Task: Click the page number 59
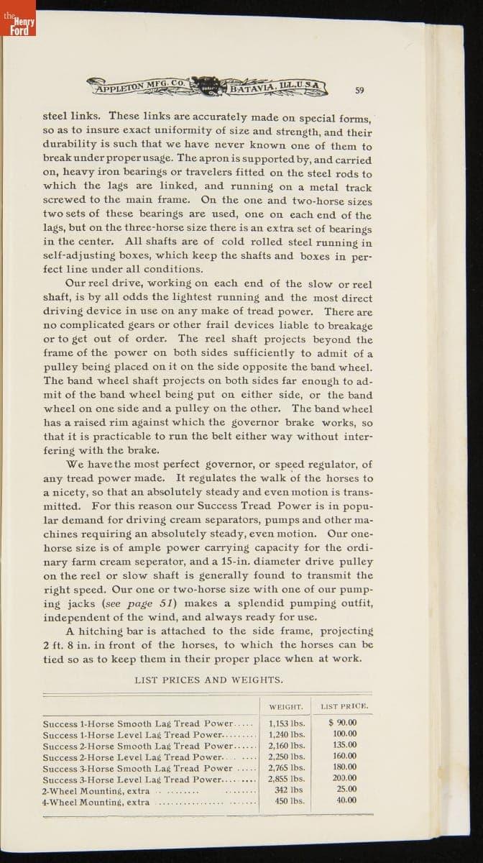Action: click(x=360, y=90)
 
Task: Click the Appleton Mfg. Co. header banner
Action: click(x=208, y=87)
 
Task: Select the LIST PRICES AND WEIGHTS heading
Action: click(x=208, y=680)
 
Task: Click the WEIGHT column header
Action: click(x=285, y=707)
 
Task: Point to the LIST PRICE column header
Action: click(x=344, y=707)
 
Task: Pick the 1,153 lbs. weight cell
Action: click(x=286, y=723)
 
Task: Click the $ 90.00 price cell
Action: click(x=343, y=723)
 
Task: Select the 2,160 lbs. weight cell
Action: click(x=286, y=746)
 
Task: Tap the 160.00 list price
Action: click(x=344, y=757)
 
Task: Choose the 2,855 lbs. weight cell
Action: click(x=286, y=779)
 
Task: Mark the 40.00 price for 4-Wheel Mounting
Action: click(x=346, y=800)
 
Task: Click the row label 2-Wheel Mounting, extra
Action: click(x=96, y=790)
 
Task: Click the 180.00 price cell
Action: click(x=344, y=767)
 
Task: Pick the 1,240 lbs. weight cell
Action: click(x=286, y=734)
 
